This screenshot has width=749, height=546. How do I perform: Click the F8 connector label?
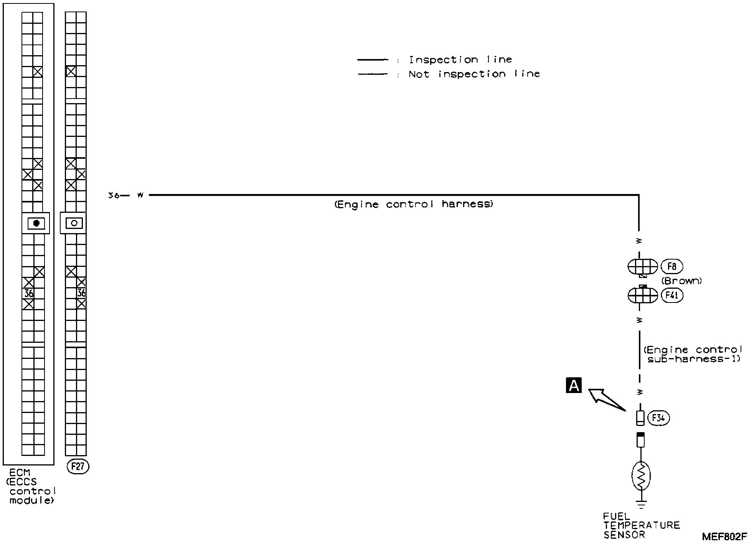coord(672,266)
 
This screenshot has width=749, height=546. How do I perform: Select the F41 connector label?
coord(672,296)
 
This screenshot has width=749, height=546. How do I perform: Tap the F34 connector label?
coord(658,418)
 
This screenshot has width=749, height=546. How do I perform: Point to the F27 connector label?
coord(78,467)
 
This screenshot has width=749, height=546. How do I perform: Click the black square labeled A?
coord(574,385)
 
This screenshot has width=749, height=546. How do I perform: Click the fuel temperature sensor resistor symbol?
coord(641,476)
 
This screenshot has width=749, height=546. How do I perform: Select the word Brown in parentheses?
coord(682,281)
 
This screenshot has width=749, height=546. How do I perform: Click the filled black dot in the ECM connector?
coord(36,223)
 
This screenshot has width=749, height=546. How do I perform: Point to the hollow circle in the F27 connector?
coord(74,223)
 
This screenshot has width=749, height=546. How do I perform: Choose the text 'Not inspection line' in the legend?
coord(474,74)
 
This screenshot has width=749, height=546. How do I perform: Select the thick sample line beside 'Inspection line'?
coord(373,60)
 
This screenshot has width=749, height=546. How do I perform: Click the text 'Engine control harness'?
coord(414,204)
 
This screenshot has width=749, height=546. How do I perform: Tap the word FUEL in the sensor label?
coord(616,516)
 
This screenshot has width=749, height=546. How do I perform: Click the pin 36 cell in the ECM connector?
coord(28,294)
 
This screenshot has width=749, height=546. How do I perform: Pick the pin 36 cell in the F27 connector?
coord(81,293)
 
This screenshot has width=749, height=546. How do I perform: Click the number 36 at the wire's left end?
coord(114,196)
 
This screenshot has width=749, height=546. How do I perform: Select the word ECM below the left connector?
coord(20,473)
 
